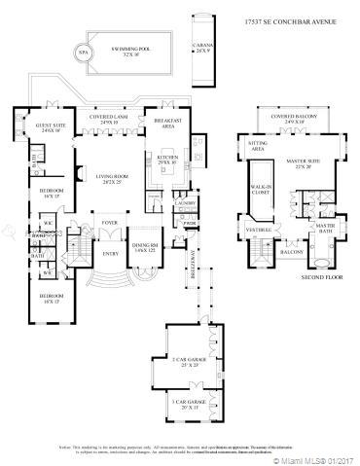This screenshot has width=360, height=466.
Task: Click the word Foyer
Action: (110, 222)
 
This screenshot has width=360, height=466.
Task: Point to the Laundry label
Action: (188, 202)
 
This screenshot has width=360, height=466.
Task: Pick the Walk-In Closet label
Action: (262, 189)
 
